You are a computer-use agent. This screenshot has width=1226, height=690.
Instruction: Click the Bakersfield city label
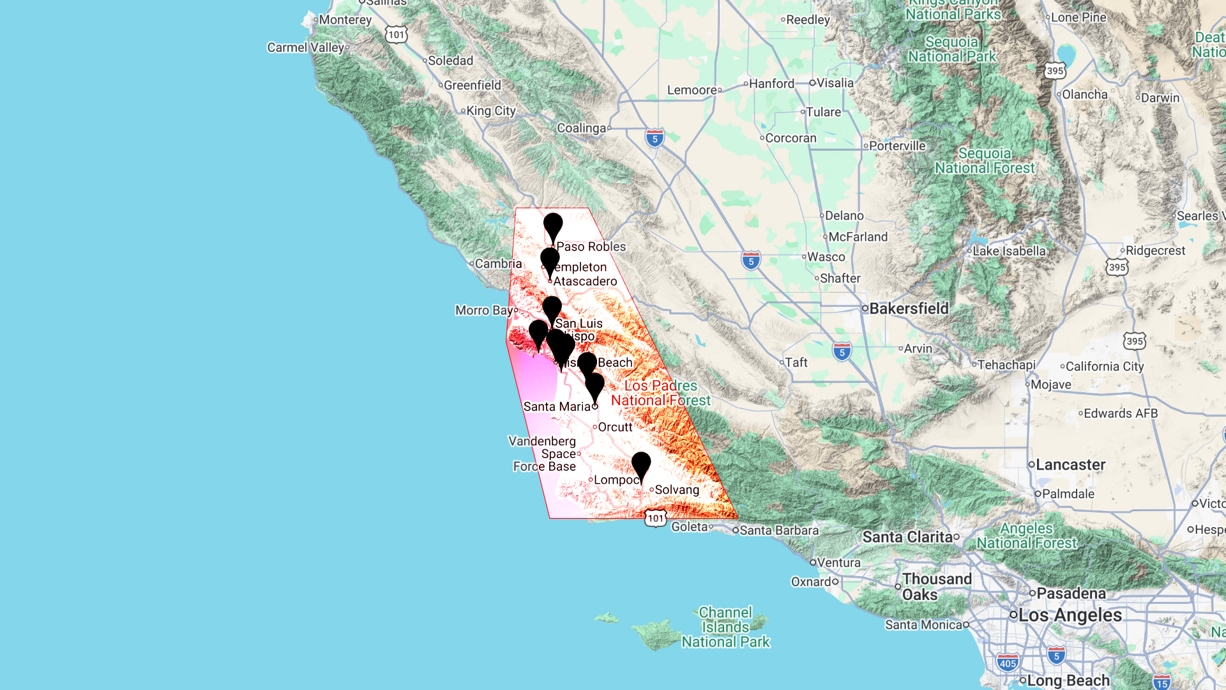pos(909,309)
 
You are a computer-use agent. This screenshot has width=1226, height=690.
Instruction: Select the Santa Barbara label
pos(779,530)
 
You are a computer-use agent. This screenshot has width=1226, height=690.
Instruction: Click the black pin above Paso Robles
pos(553,226)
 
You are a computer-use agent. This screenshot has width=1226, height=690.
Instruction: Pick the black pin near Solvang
pos(641,464)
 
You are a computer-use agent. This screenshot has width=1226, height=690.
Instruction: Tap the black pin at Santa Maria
pos(594,385)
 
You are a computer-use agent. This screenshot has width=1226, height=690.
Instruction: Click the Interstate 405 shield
pos(1008,663)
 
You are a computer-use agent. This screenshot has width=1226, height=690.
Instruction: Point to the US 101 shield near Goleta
pos(656,518)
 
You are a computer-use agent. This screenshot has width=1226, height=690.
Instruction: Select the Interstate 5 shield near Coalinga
pos(655,138)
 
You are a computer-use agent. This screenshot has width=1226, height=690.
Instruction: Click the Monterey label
pos(345,20)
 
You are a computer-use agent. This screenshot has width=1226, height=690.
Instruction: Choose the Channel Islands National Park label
pos(725,627)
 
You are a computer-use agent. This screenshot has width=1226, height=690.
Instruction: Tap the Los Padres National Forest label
pos(661,393)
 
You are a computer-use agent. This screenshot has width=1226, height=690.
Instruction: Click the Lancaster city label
pos(1070,465)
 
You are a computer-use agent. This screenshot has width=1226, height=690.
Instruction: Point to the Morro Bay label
pos(484,310)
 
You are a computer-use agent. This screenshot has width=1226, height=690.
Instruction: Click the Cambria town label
pos(498,264)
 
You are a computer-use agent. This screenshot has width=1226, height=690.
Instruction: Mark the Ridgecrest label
pos(1155,250)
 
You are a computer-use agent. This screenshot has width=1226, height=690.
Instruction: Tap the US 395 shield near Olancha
pos(1055,71)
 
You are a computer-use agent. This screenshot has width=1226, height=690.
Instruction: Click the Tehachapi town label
pos(1006,365)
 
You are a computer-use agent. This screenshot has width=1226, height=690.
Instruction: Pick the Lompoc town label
pos(616,480)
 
